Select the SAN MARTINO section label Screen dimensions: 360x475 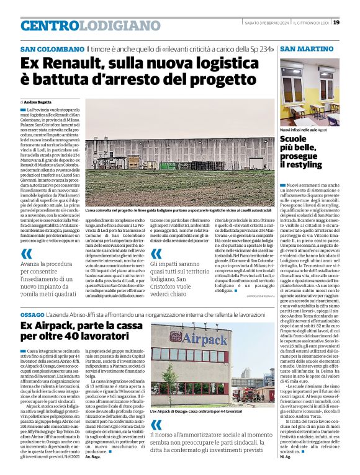(307, 49)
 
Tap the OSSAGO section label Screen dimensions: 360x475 (32, 315)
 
